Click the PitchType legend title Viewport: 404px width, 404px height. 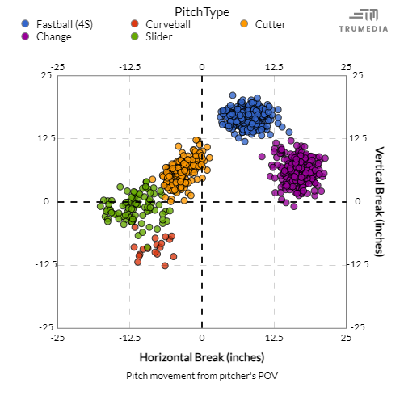tap(202, 11)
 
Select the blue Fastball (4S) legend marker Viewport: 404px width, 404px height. tap(27, 24)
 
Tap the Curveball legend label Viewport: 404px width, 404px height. tap(167, 24)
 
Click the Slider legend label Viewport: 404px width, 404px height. tap(158, 36)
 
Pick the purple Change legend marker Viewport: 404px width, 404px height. tap(27, 36)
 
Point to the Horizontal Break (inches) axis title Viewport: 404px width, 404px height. tap(202, 357)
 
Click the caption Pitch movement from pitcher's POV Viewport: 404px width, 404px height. tap(202, 376)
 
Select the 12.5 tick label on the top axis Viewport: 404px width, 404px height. tap(274, 66)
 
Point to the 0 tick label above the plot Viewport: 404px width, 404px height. tap(202, 66)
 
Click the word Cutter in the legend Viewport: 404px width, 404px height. tap(270, 24)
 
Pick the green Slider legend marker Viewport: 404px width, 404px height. tap(135, 36)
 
